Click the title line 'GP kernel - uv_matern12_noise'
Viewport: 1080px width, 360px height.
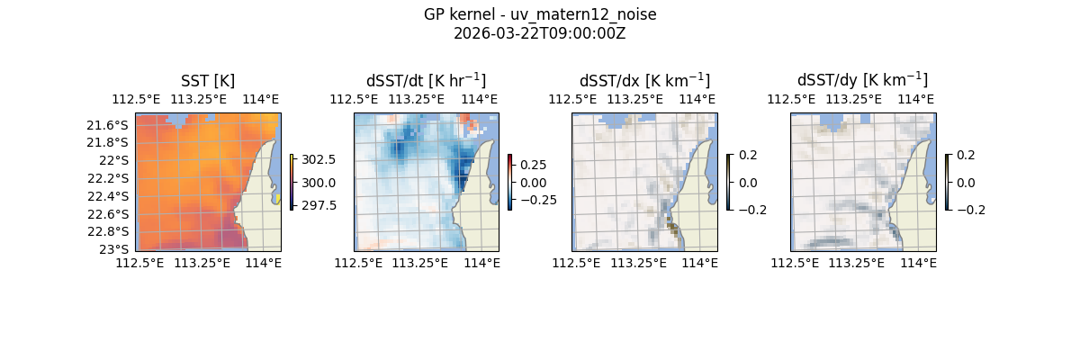[540, 14]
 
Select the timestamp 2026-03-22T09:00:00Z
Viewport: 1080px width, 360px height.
[540, 33]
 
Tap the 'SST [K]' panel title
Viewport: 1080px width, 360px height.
[208, 81]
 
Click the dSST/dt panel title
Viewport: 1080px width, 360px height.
[426, 81]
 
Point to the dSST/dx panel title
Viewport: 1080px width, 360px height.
[644, 81]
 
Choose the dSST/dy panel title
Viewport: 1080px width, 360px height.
[862, 81]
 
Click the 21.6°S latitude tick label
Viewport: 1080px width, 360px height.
[108, 125]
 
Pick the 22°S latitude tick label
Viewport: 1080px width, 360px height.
[114, 160]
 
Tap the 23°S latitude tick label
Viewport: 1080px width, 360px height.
[114, 249]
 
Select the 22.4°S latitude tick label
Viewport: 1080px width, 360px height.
[108, 196]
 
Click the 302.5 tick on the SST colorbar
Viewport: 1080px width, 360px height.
[319, 160]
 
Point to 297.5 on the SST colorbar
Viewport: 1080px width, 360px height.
[319, 205]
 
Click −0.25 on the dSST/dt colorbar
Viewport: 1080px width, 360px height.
[531, 200]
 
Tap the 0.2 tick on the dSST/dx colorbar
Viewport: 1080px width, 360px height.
[749, 155]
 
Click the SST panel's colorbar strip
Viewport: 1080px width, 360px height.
[292, 182]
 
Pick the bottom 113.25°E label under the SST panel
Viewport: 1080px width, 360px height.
[202, 263]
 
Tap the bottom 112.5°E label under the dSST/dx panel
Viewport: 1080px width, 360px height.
[577, 263]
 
